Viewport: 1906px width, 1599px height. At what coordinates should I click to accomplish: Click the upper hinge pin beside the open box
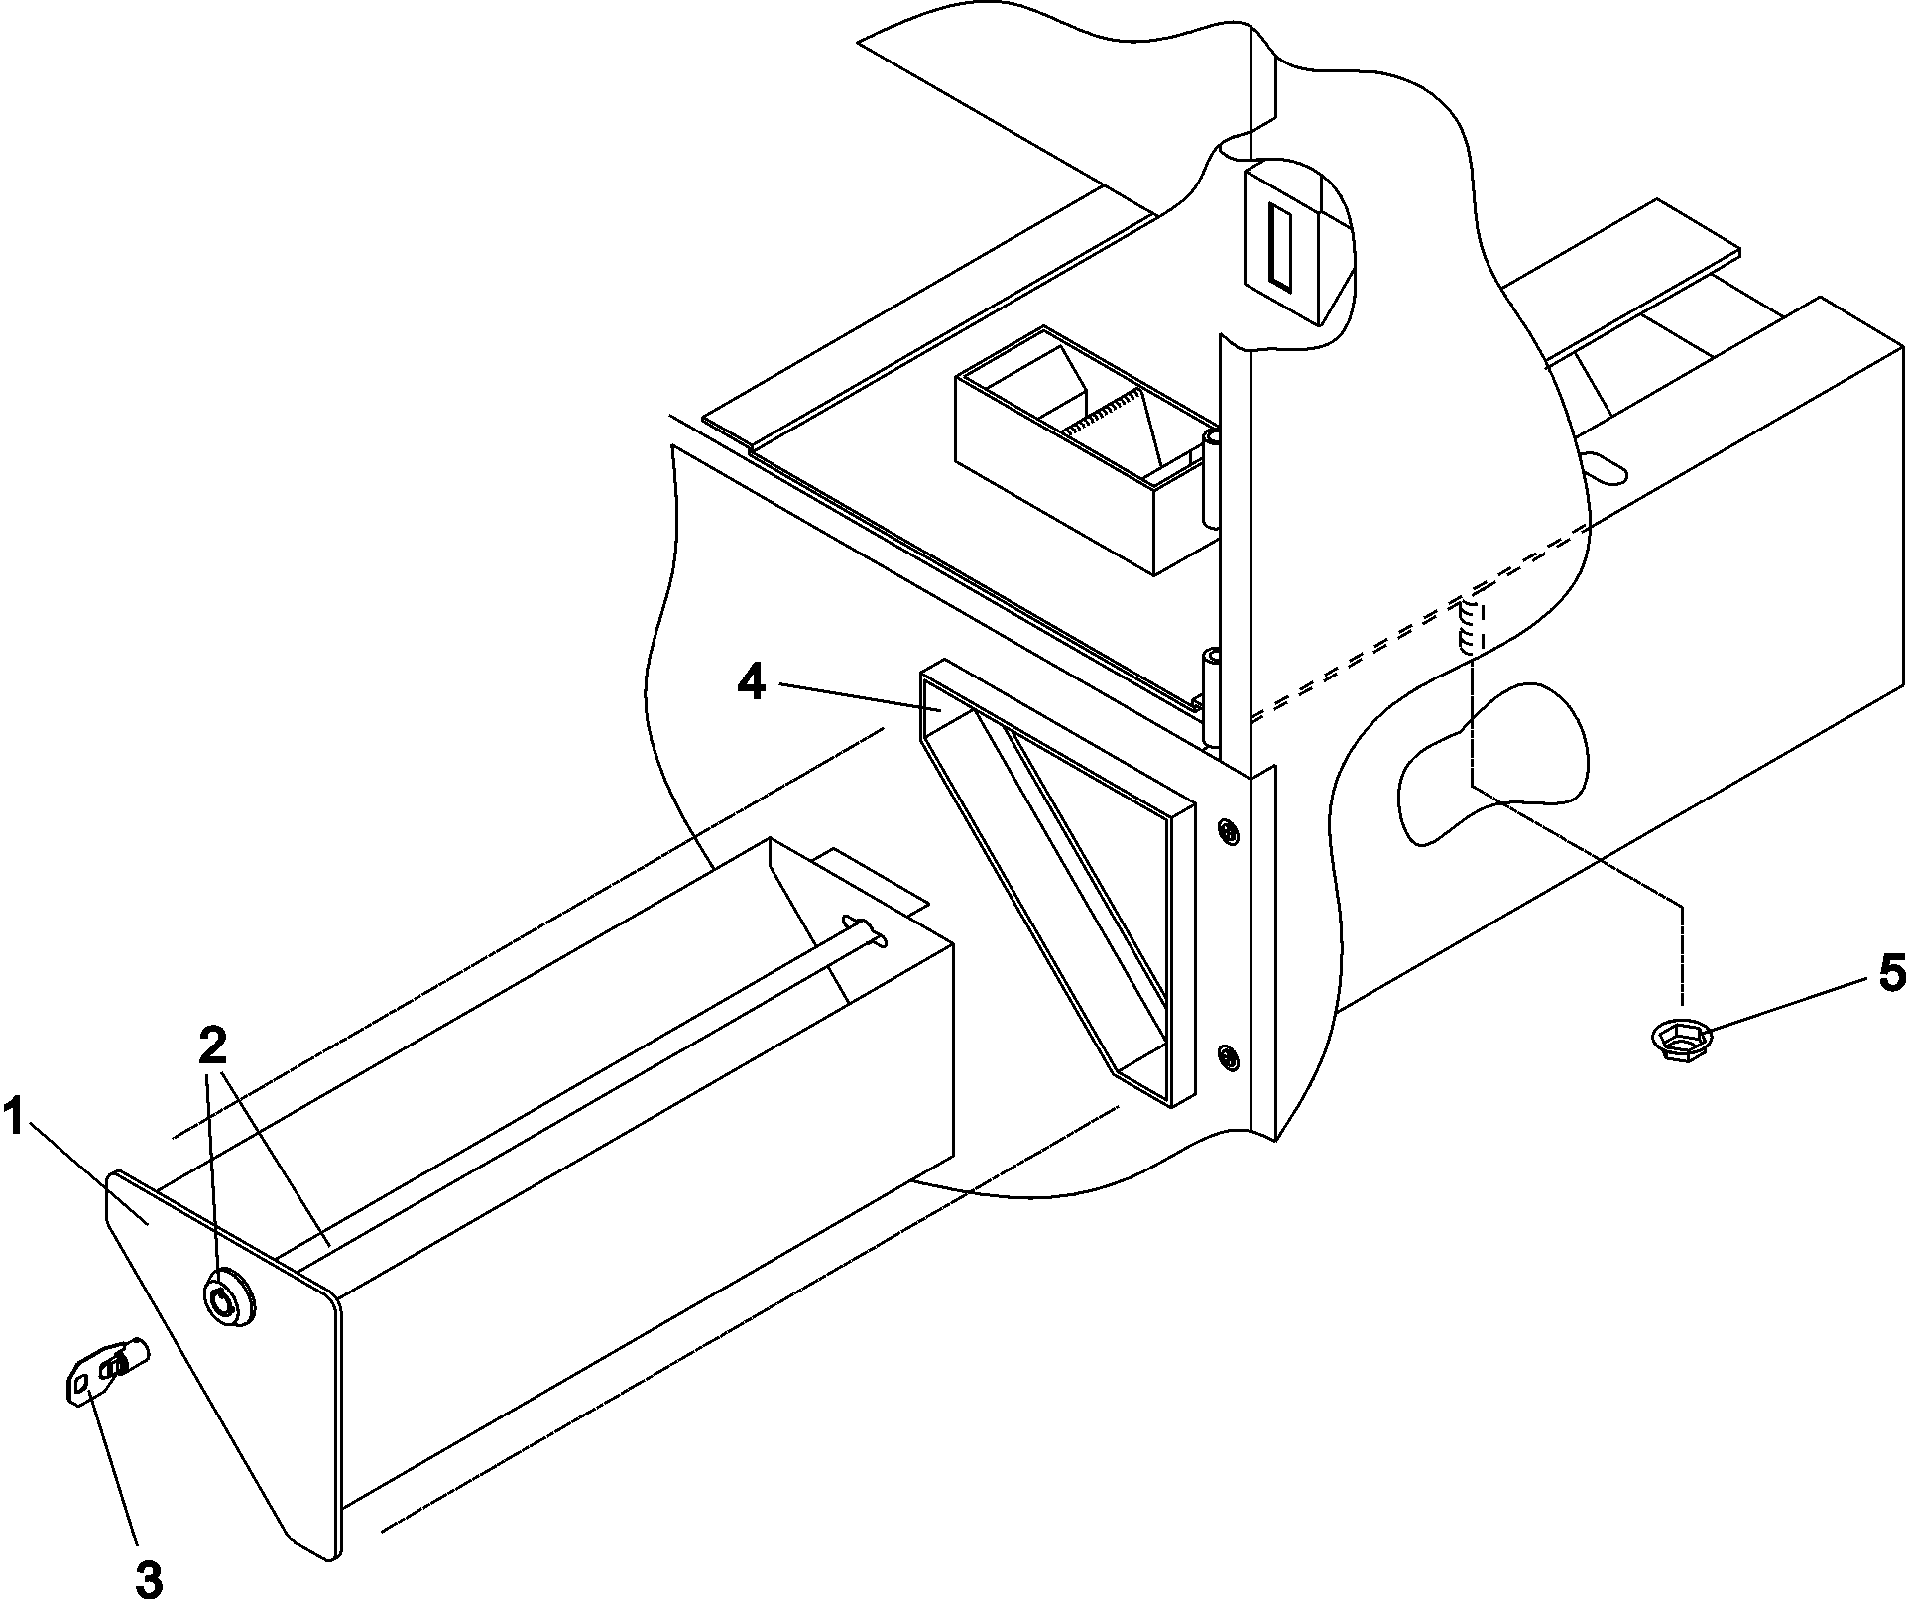pyautogui.click(x=1211, y=478)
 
